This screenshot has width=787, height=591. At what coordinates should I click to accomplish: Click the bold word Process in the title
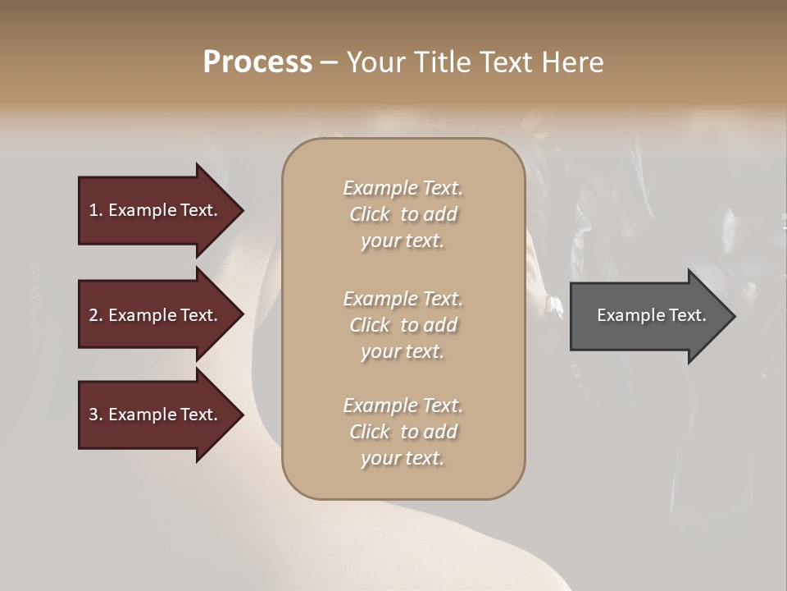coord(257,62)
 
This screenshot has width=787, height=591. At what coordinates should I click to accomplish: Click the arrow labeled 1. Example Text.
coord(156,210)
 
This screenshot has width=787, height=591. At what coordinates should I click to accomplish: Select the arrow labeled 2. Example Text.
coord(156,315)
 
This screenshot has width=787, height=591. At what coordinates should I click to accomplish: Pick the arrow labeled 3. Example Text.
coord(156,415)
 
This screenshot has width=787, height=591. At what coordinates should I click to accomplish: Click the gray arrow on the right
coord(648,315)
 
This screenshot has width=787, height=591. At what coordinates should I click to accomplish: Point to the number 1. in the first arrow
coord(96,210)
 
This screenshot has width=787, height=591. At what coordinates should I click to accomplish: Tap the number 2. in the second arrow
coord(96,315)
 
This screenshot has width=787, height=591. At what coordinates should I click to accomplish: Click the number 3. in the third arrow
coord(96,415)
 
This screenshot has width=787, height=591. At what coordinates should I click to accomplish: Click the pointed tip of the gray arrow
coord(732,316)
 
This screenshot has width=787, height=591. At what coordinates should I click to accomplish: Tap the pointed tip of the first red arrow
coord(240,210)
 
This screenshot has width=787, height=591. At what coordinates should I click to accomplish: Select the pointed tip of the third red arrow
coord(240,415)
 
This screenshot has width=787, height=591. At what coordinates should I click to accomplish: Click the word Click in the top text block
coord(370,214)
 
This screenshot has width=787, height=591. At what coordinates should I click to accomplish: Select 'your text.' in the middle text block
coord(403,351)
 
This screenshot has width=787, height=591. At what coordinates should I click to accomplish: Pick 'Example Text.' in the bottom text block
coord(403,405)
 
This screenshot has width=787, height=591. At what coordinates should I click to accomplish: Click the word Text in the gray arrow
coord(686,315)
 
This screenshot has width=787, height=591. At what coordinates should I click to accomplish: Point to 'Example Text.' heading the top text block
coord(403,188)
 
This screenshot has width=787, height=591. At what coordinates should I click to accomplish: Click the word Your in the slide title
coord(374,62)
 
